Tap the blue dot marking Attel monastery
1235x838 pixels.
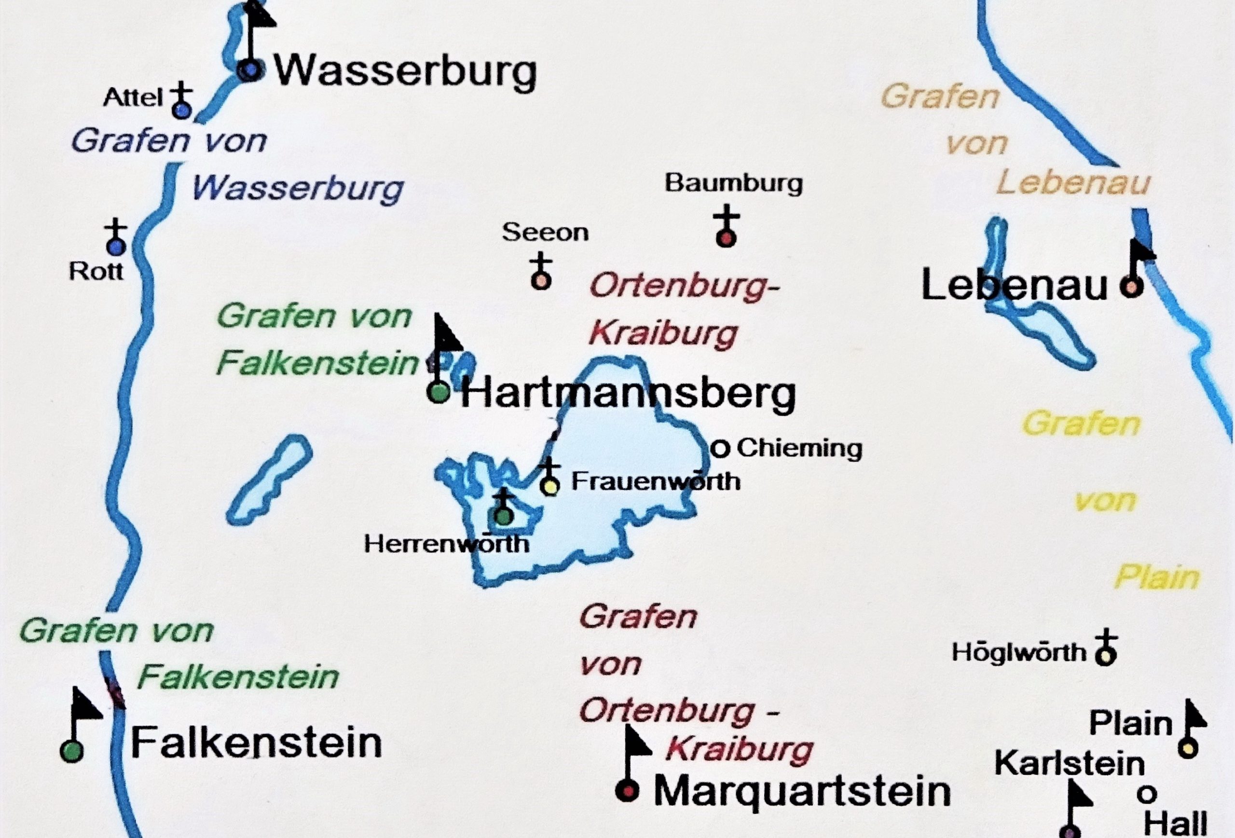coord(181,110)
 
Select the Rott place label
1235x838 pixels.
coord(96,272)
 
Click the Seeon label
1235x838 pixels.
coord(545,233)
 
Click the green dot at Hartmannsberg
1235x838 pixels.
coord(439,393)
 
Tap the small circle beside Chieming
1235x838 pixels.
coord(720,449)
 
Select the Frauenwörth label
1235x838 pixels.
coord(656,481)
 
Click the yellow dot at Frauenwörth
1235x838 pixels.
coord(550,486)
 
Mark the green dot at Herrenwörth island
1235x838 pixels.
coord(503,515)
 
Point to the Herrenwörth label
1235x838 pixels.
coord(446,544)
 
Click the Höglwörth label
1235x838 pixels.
coord(1019,653)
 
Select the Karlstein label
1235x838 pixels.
coord(1070,764)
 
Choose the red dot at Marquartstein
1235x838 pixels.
coord(628,791)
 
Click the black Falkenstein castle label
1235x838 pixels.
coord(256,742)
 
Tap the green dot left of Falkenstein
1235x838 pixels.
coord(72,751)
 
